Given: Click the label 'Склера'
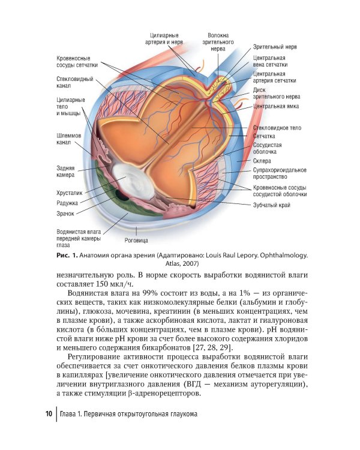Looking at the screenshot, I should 262,161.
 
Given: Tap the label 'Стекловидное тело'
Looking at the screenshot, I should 277,128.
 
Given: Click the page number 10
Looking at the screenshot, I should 49,415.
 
